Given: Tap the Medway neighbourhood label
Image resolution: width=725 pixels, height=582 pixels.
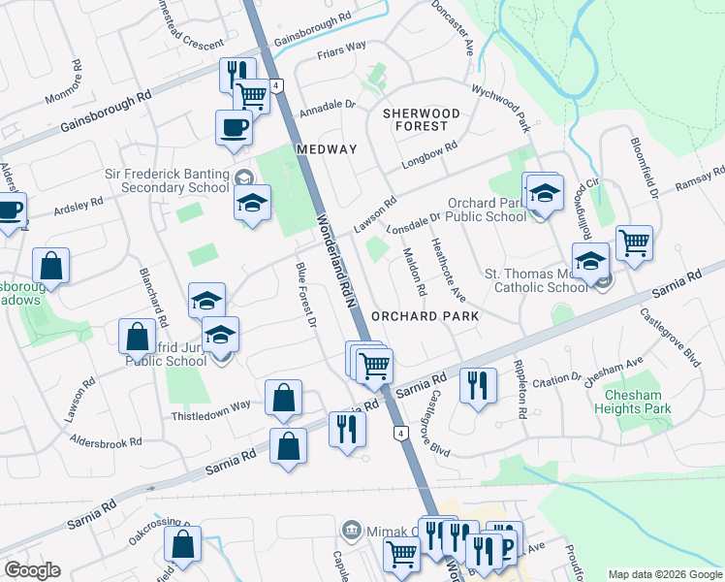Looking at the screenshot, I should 327,149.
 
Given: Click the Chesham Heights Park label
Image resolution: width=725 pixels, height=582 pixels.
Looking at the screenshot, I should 638,402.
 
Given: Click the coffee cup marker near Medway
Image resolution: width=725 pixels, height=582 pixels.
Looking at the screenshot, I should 234,128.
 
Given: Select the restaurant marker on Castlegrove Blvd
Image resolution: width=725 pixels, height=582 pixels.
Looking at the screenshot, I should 478,384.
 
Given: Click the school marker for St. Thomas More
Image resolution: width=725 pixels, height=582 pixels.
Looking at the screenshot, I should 590,259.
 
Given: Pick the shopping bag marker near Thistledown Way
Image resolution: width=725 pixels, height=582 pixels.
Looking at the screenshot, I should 283,398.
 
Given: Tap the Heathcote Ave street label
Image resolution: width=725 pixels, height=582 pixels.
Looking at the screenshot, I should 448,268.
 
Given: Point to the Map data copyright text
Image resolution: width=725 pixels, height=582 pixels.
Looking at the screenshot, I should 665,573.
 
